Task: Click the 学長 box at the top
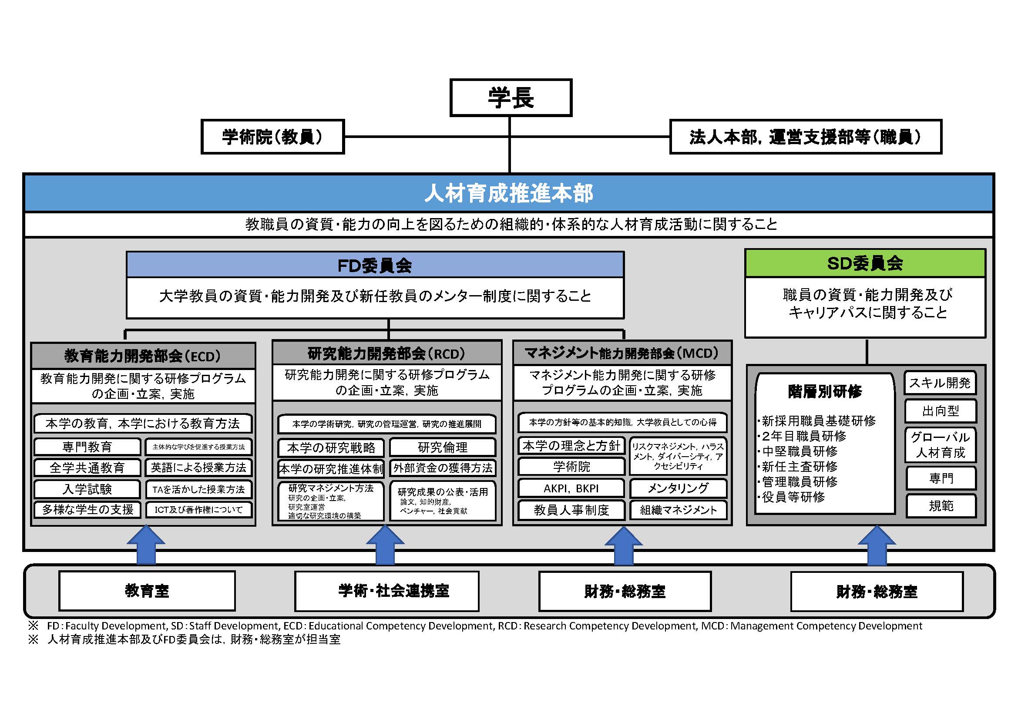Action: coord(511,98)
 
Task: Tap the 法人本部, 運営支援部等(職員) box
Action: coord(805,137)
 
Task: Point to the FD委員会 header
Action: coord(375,265)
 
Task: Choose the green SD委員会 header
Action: coord(865,263)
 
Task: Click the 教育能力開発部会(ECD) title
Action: coord(143,356)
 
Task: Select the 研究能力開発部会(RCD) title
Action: coord(386,353)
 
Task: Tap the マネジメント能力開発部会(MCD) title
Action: coord(622,353)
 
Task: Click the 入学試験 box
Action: coord(87,489)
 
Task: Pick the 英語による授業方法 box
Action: coord(198,468)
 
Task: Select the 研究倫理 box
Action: coord(443,447)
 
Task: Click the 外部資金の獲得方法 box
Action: coord(443,468)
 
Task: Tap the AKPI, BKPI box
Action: coord(571,488)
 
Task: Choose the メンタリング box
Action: coord(678,488)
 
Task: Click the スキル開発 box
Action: coord(940,383)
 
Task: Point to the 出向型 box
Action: coord(940,411)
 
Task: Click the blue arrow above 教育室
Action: coord(146,545)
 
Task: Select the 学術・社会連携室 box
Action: coord(386,591)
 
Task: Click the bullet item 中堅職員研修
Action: coord(800,451)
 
